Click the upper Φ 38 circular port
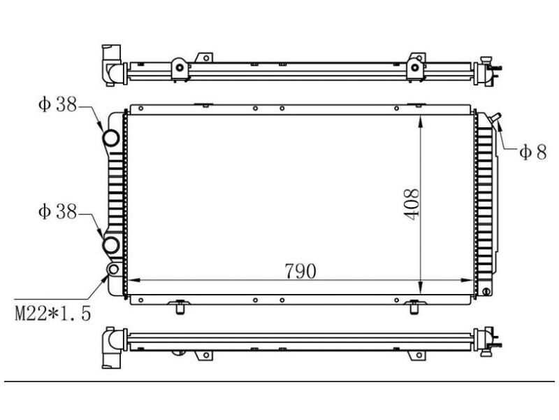point(111,139)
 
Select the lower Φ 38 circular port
point(111,246)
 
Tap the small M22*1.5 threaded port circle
point(112,270)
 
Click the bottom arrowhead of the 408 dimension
point(420,288)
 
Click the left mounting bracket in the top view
point(180,66)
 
